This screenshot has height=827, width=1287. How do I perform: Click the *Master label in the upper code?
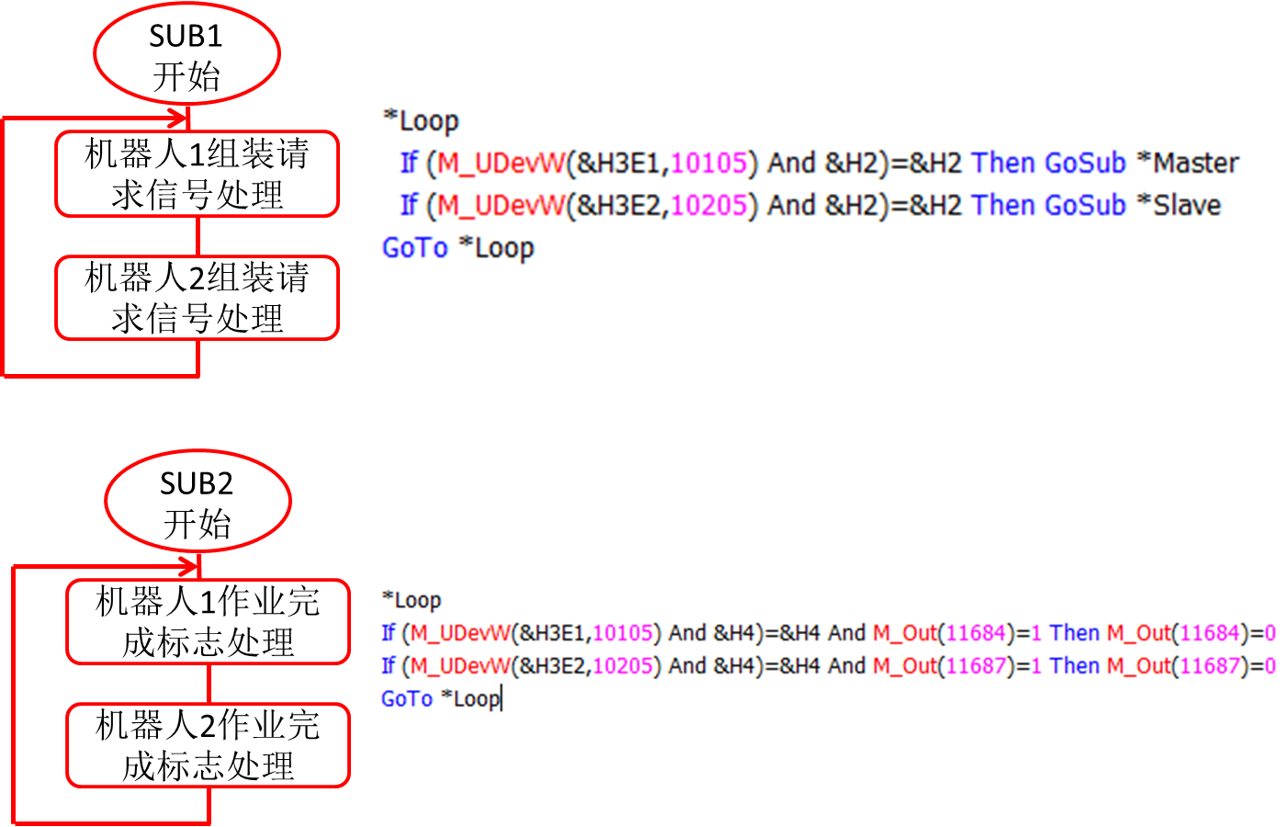[1188, 164]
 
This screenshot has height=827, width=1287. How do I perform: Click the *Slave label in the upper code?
[1179, 206]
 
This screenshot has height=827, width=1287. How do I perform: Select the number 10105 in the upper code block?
[709, 164]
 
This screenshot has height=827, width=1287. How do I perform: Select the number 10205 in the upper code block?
[709, 206]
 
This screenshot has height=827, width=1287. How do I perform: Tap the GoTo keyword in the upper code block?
[415, 248]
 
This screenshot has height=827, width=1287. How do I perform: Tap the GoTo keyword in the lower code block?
[407, 699]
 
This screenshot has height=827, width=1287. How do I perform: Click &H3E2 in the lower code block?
[551, 666]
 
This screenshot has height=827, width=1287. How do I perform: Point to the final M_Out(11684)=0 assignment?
[1191, 633]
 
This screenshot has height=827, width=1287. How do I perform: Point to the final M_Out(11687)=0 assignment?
[1191, 666]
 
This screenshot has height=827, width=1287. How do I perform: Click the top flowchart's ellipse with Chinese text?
[187, 53]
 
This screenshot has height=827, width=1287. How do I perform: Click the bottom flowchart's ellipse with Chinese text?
[198, 501]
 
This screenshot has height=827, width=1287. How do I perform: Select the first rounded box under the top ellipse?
[198, 174]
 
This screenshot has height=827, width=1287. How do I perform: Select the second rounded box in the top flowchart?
[198, 298]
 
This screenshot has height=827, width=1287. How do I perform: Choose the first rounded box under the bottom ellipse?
[209, 621]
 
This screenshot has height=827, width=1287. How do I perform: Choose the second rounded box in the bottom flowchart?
[209, 745]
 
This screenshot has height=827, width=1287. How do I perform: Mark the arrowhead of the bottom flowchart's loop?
[189, 566]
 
